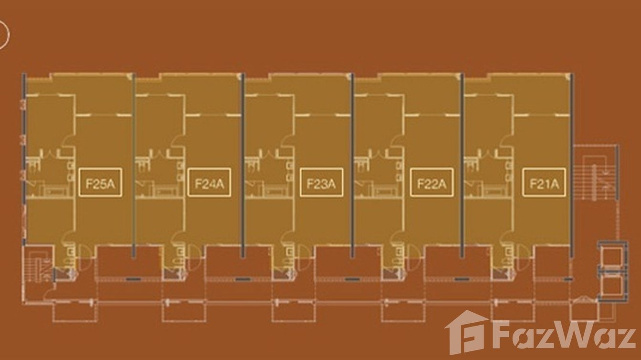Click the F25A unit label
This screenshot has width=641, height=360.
[x=100, y=182]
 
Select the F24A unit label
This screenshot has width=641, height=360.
[x=209, y=182]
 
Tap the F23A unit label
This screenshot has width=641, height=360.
[x=321, y=182]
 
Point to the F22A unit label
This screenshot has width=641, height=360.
[x=431, y=182]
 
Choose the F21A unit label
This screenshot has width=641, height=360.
[x=544, y=182]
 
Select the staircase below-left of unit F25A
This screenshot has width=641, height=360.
[x=39, y=267]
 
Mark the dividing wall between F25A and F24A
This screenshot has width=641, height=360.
[x=134, y=162]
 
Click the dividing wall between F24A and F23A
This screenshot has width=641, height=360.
[x=243, y=162]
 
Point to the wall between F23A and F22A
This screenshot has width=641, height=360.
[x=353, y=162]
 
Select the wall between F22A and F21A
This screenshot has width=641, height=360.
[x=462, y=162]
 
